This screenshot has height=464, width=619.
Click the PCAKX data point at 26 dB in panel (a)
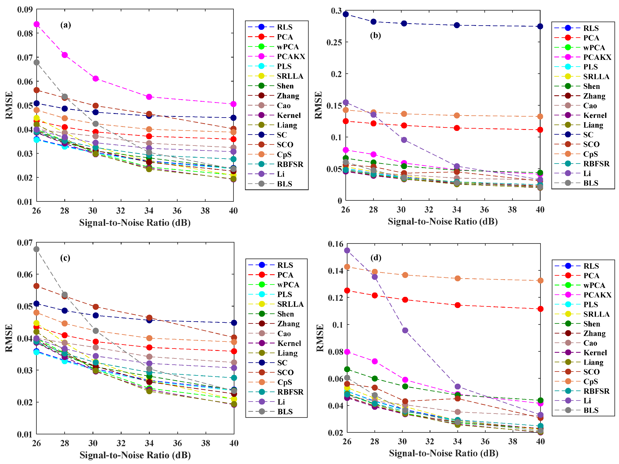pyautogui.click(x=36, y=24)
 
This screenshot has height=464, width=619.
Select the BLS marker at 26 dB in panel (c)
pyautogui.click(x=36, y=249)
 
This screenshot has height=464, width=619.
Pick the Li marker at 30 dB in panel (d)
pyautogui.click(x=405, y=330)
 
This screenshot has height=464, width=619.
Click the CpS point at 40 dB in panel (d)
pyautogui.click(x=540, y=280)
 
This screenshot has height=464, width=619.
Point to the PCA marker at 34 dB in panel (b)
pyautogui.click(x=457, y=128)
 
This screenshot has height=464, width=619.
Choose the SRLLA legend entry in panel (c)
pyautogui.click(x=290, y=304)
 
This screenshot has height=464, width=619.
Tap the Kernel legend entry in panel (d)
pyautogui.click(x=595, y=353)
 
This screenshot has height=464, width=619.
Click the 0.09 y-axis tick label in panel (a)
pyautogui.click(x=25, y=10)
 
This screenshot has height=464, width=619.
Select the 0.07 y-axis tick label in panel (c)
pyautogui.click(x=25, y=243)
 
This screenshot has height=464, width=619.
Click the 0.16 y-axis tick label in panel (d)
pyautogui.click(x=335, y=244)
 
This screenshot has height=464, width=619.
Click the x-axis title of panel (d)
pyautogui.click(x=444, y=453)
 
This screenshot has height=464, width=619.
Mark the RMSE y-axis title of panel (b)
pyautogui.click(x=318, y=105)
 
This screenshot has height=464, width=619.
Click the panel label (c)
pyautogui.click(x=65, y=258)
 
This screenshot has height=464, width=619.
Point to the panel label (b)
pyautogui.click(x=375, y=35)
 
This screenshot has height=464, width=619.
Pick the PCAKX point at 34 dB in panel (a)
pyautogui.click(x=149, y=97)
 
